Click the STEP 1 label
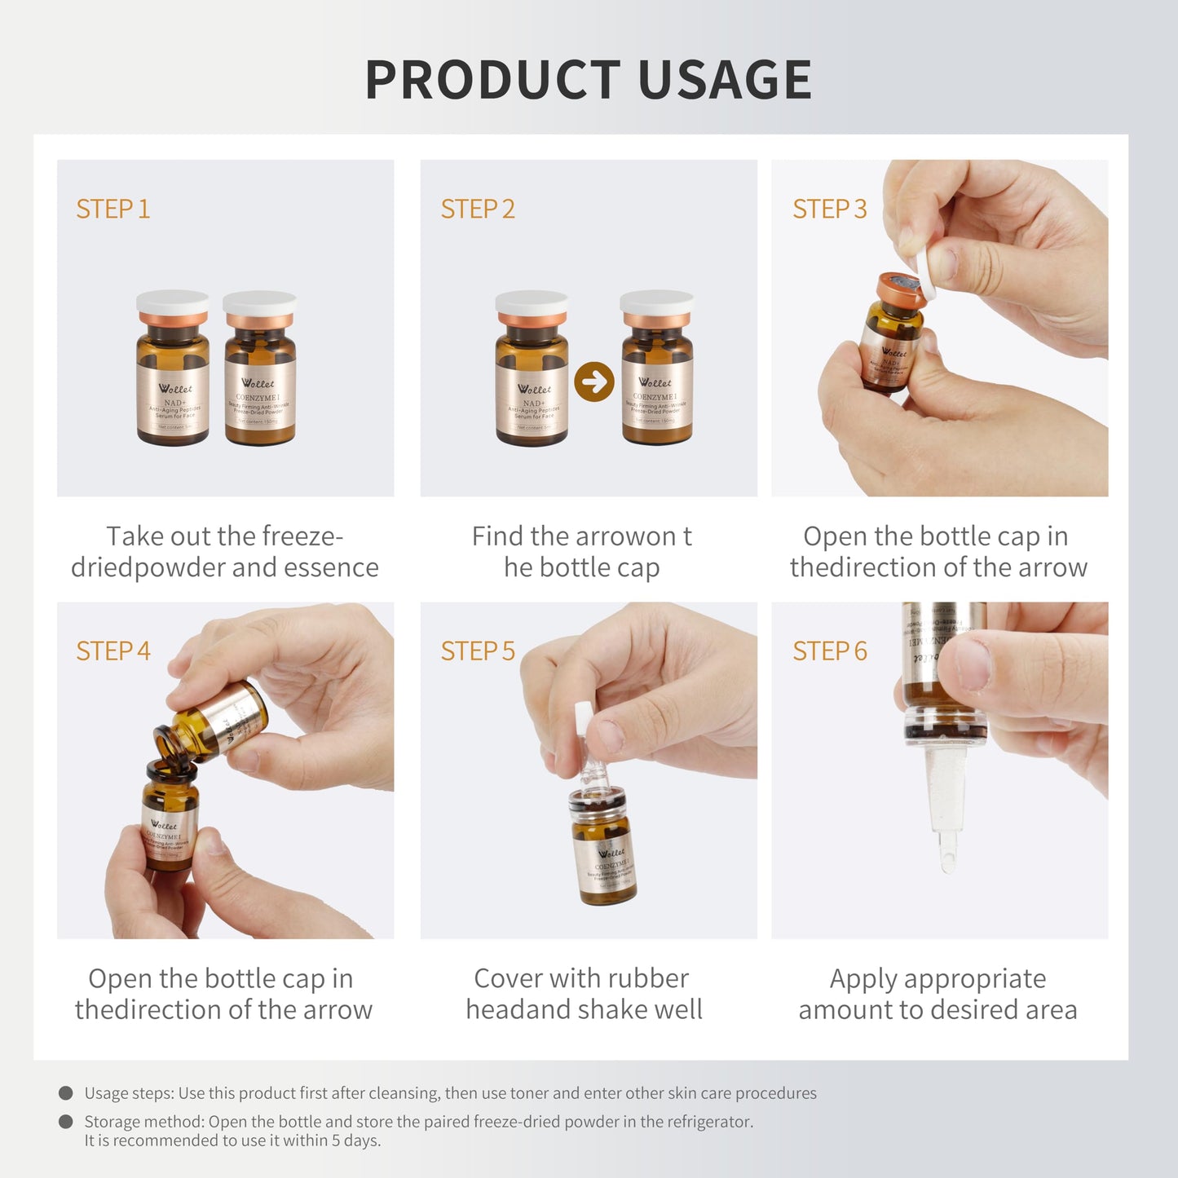pos(113,210)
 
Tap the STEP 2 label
pos(478,210)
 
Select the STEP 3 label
pos(829,210)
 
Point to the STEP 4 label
pos(113,651)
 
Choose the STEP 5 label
pos(478,651)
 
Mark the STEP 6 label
pos(829,651)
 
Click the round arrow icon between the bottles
pos(593,382)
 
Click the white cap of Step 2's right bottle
pos(657,302)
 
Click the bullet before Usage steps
pos(66,1093)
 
